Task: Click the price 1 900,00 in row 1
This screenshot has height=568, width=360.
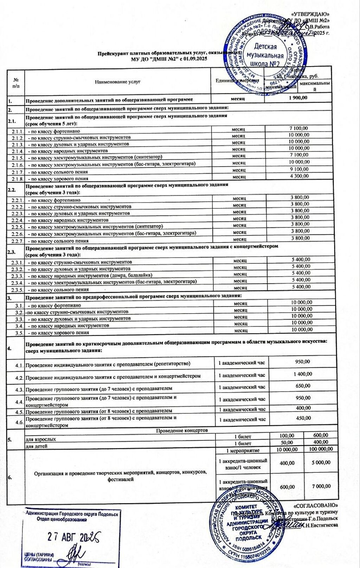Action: click(298, 98)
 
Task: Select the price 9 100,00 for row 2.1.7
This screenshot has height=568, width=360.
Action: click(299, 169)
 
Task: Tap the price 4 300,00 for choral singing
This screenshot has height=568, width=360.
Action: click(299, 176)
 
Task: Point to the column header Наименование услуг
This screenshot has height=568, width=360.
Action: click(117, 82)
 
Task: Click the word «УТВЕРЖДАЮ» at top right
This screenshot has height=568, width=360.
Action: click(310, 14)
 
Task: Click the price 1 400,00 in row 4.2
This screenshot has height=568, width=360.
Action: click(303, 374)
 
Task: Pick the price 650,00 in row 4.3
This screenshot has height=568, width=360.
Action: click(303, 386)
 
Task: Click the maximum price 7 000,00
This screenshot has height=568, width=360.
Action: click(321, 486)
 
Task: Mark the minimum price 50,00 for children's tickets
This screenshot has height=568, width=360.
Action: click(287, 442)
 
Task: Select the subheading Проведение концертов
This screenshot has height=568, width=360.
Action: click(182, 431)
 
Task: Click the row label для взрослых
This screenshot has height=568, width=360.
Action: click(41, 439)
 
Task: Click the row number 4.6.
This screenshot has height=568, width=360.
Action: click(19, 422)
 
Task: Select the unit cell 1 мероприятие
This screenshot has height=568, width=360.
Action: click(243, 450)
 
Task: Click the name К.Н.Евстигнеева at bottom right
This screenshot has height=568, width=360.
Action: click(320, 525)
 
